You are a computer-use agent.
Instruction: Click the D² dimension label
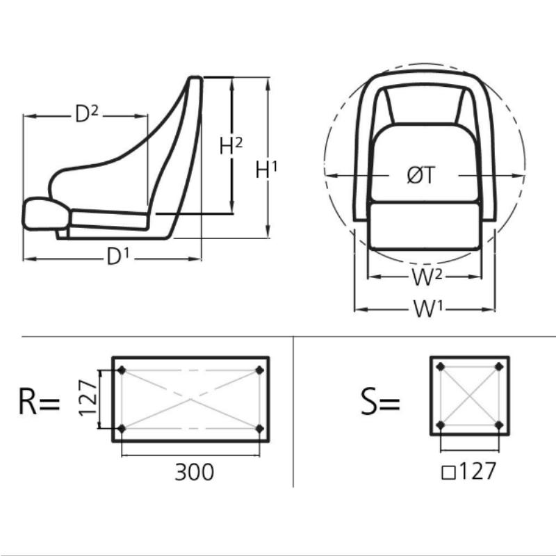point(86,114)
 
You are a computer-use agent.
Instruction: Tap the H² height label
point(231,146)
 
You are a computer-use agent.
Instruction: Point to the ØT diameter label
point(420,175)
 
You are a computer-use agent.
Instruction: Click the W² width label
point(427,277)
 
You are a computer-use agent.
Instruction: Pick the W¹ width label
point(428,309)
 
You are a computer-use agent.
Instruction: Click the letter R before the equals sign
point(27,402)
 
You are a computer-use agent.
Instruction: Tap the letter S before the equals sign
point(369,402)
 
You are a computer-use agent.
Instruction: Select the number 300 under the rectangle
point(195,472)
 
